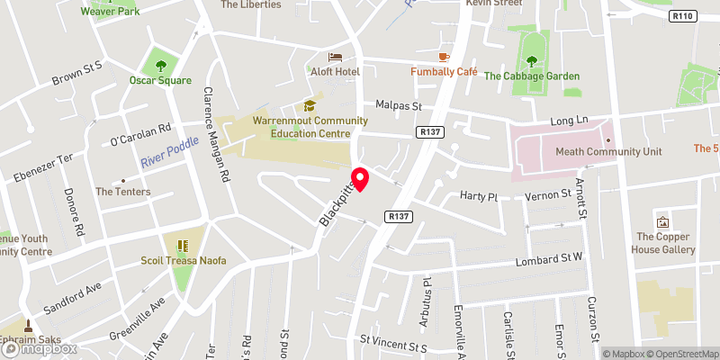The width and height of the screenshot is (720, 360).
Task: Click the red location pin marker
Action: click(x=360, y=178)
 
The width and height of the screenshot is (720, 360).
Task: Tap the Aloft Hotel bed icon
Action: click(x=335, y=56)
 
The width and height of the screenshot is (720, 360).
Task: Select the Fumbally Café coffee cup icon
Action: click(x=444, y=56)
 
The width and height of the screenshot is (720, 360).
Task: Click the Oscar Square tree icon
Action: click(x=160, y=65)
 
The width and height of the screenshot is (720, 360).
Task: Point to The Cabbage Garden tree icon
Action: click(x=532, y=61)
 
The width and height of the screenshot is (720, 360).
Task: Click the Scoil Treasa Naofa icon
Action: click(x=182, y=246)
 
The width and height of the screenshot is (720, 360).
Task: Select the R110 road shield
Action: click(x=684, y=16)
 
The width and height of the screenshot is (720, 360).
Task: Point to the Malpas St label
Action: click(x=399, y=106)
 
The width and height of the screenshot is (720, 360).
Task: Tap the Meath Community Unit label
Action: click(x=621, y=152)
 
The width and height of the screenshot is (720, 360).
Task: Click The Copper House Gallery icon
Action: click(x=663, y=221)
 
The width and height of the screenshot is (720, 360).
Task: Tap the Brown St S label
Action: click(x=78, y=72)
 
